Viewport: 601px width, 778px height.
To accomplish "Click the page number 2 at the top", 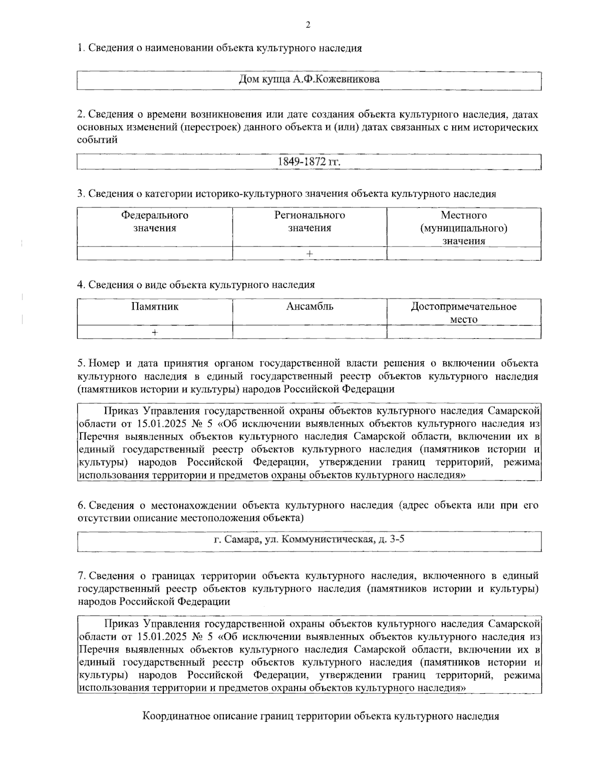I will pyautogui.click(x=308, y=25).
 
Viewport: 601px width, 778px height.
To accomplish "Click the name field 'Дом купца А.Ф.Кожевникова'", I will pyautogui.click(x=309, y=80).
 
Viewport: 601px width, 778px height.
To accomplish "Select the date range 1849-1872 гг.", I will pyautogui.click(x=309, y=162).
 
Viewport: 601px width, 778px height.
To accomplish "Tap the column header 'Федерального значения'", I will pyautogui.click(x=155, y=222).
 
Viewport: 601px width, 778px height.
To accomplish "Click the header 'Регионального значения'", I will pyautogui.click(x=310, y=222).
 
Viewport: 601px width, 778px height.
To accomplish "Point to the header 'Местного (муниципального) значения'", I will pyautogui.click(x=464, y=228).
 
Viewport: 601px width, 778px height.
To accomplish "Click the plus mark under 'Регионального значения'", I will pyautogui.click(x=310, y=254).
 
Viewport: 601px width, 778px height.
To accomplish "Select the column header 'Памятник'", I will pyautogui.click(x=155, y=307).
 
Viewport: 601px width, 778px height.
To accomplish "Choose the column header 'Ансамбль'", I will pyautogui.click(x=310, y=307).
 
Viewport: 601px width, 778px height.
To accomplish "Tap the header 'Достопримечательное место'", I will pyautogui.click(x=464, y=313).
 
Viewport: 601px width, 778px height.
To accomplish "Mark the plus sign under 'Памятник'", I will pyautogui.click(x=155, y=332).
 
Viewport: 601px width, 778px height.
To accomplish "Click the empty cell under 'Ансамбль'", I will pyautogui.click(x=310, y=332).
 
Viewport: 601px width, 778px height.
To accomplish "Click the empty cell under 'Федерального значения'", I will pyautogui.click(x=155, y=254).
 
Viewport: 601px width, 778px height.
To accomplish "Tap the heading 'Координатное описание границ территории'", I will pyautogui.click(x=321, y=716).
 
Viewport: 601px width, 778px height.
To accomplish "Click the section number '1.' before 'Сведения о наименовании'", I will pyautogui.click(x=81, y=49).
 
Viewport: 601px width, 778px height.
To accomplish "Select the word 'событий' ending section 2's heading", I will pyautogui.click(x=97, y=140).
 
